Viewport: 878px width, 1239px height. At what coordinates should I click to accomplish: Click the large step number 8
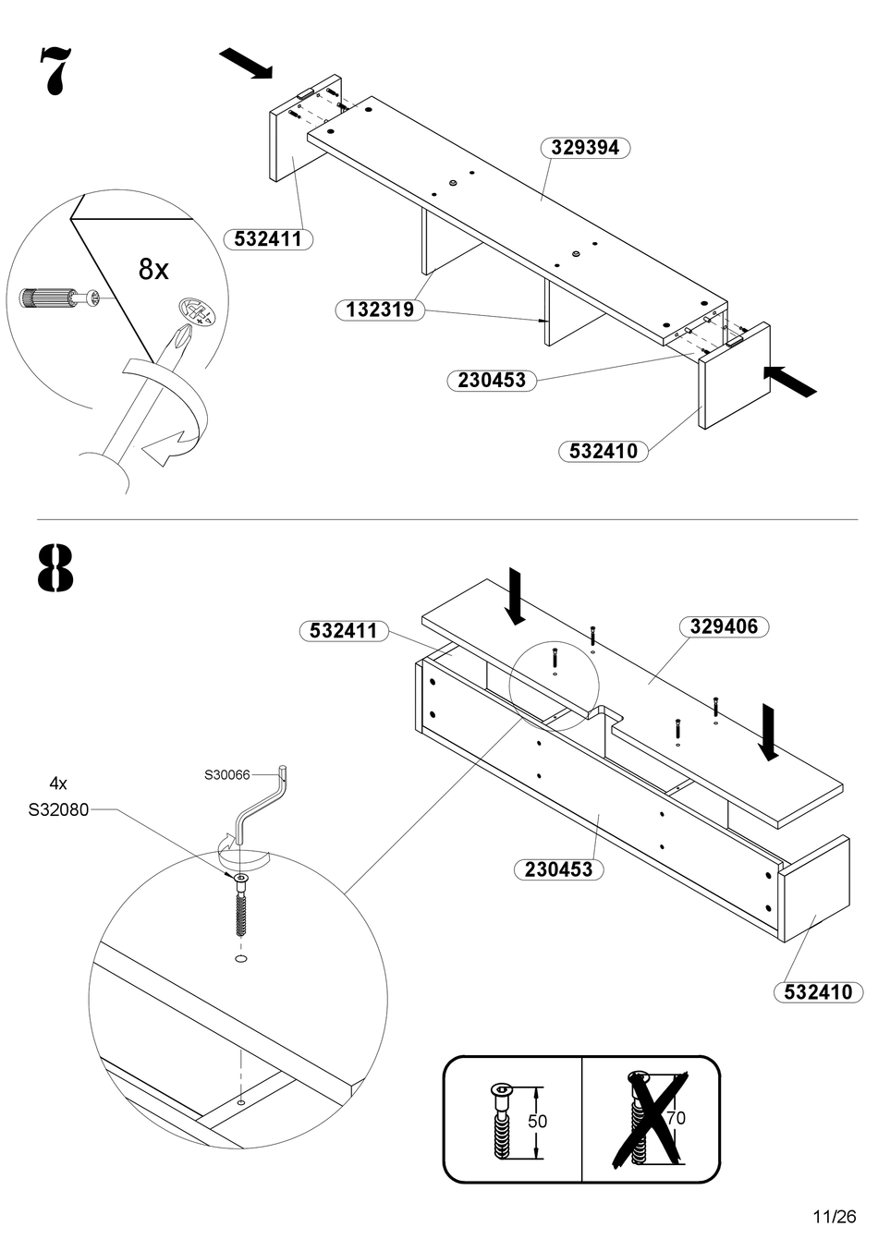(55, 568)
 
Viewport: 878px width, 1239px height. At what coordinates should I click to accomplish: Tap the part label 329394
(584, 148)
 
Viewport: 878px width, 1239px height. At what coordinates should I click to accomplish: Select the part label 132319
(380, 310)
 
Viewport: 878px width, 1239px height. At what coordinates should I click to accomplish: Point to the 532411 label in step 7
(268, 239)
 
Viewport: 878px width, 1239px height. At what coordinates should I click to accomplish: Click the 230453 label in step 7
(492, 380)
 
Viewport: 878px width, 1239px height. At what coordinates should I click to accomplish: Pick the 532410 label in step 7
(604, 451)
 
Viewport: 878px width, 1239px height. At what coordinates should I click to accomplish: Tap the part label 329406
(724, 626)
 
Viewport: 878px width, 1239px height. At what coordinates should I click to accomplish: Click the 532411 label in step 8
(344, 631)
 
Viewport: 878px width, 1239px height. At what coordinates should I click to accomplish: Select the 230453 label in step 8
(558, 869)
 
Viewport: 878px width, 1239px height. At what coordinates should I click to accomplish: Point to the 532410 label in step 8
(818, 992)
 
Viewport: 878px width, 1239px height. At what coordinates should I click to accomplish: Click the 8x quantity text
(153, 270)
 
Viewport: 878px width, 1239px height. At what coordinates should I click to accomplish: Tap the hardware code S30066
(227, 774)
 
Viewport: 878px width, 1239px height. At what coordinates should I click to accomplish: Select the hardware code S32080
(58, 810)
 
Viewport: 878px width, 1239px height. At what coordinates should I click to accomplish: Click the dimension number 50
(537, 1121)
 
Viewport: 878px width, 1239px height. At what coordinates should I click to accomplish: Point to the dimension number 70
(677, 1118)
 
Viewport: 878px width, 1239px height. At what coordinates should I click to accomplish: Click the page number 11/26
(835, 1216)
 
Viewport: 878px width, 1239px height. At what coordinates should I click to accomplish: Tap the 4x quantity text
(58, 783)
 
